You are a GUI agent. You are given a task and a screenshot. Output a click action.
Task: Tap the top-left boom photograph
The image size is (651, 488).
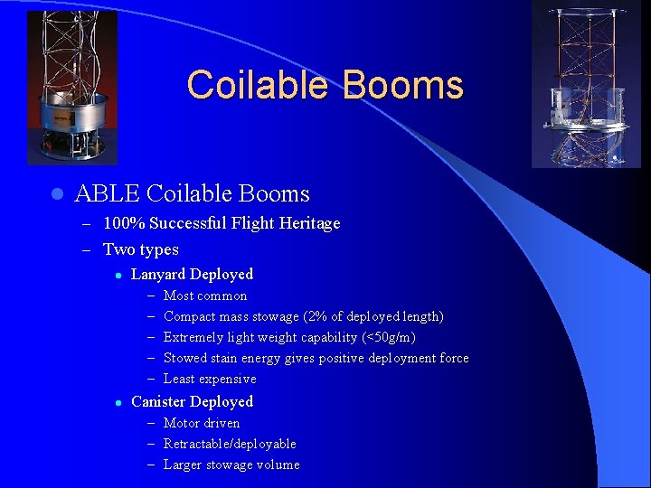click(x=72, y=88)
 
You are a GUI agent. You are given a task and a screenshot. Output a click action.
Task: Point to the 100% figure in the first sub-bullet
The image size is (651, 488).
click(x=125, y=223)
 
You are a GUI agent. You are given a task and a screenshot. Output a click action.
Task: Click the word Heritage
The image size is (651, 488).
click(x=307, y=223)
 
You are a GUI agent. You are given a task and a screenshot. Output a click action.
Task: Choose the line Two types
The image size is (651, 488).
click(x=141, y=249)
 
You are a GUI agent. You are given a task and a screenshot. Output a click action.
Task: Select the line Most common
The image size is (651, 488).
click(x=205, y=296)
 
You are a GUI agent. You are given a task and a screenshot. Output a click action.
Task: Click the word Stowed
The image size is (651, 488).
click(x=184, y=358)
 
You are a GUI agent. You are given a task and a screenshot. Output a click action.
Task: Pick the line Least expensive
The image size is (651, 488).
click(x=210, y=379)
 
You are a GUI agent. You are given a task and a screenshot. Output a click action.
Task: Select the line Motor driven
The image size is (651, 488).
click(x=202, y=423)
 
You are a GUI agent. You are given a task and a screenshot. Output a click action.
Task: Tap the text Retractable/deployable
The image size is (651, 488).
click(x=230, y=444)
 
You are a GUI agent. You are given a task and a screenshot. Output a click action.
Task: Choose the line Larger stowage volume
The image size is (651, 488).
click(x=231, y=465)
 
